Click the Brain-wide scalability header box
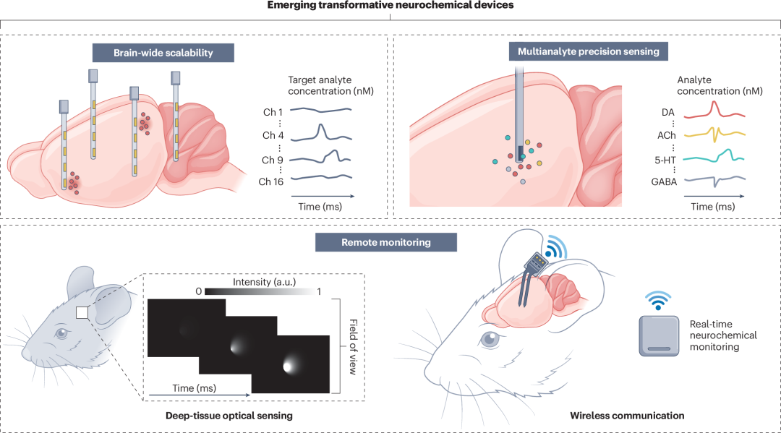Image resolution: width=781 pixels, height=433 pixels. [163, 53]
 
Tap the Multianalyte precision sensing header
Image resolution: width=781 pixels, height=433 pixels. [588, 51]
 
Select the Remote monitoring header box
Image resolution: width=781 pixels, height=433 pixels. [386, 242]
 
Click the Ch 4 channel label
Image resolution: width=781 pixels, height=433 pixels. [273, 135]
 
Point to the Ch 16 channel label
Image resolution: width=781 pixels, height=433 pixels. [271, 181]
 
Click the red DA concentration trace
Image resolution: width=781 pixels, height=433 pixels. [714, 110]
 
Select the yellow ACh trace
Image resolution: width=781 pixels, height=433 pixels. [714, 134]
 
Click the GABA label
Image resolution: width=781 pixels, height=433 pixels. [664, 181]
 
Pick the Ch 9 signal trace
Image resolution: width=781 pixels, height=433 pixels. [320, 158]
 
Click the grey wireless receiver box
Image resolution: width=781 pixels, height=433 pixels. [659, 336]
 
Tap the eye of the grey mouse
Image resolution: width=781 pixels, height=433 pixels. [61, 333]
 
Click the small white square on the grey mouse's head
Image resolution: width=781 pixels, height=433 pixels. [82, 312]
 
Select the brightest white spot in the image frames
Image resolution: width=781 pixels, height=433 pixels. [288, 366]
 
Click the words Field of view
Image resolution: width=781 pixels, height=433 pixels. [353, 347]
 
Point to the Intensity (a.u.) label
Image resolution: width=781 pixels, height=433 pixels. [264, 282]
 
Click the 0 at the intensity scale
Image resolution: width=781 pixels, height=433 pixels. [199, 291]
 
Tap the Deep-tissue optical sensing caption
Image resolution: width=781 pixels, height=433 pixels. [229, 416]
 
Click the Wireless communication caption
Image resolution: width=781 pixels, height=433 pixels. [627, 416]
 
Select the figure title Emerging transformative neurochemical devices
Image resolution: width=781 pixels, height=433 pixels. [390, 6]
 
